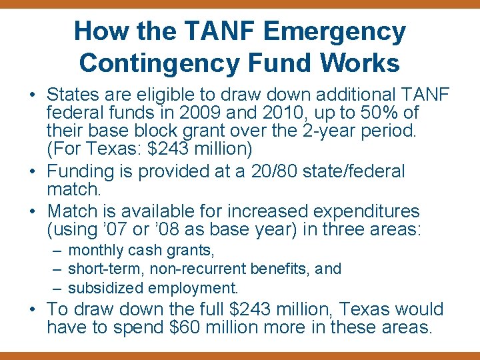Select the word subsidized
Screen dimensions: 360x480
(x=106, y=288)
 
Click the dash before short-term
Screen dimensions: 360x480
(x=57, y=269)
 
